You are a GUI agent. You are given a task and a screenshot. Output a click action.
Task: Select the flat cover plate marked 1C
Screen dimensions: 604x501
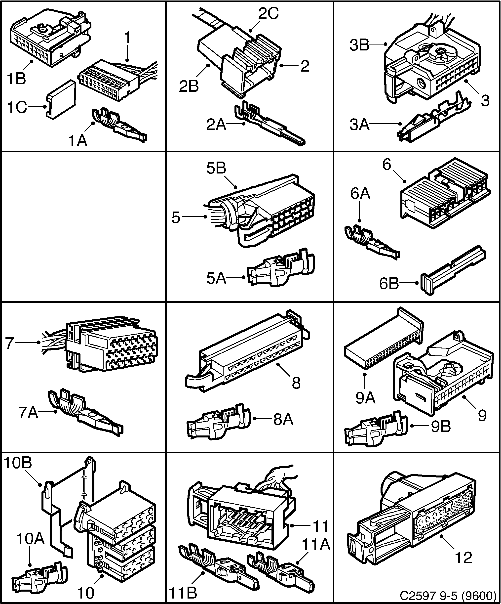click(x=61, y=99)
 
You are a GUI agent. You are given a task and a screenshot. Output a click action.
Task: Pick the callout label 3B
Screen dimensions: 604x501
click(x=359, y=45)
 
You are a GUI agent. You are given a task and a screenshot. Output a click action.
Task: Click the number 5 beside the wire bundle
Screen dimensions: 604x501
click(x=176, y=217)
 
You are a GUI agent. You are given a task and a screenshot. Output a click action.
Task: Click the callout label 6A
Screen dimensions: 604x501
click(x=360, y=194)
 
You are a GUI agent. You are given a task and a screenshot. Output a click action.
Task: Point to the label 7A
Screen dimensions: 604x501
click(x=28, y=413)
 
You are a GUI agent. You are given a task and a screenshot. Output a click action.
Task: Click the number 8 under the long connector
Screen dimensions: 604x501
click(x=296, y=383)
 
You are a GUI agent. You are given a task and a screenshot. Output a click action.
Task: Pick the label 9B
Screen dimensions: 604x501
click(x=441, y=427)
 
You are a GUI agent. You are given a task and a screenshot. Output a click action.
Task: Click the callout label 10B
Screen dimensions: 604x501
click(x=18, y=463)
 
